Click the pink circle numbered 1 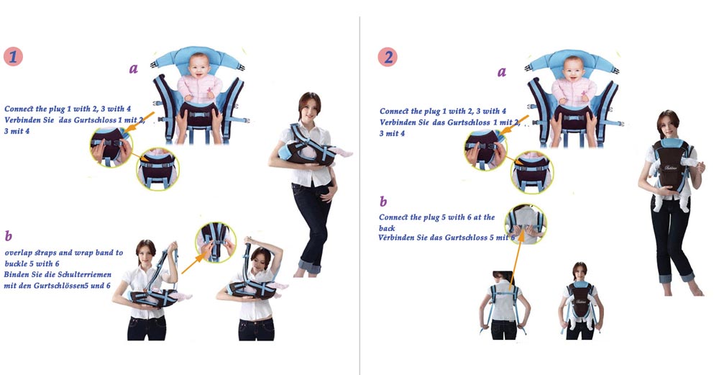13,56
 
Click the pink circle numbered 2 388,57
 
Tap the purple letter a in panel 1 134,69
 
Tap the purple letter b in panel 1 8,236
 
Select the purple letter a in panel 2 502,72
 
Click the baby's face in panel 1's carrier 199,66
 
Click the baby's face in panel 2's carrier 574,69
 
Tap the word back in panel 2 387,228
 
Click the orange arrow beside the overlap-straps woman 193,263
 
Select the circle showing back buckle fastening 526,224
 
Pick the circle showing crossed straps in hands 216,243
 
